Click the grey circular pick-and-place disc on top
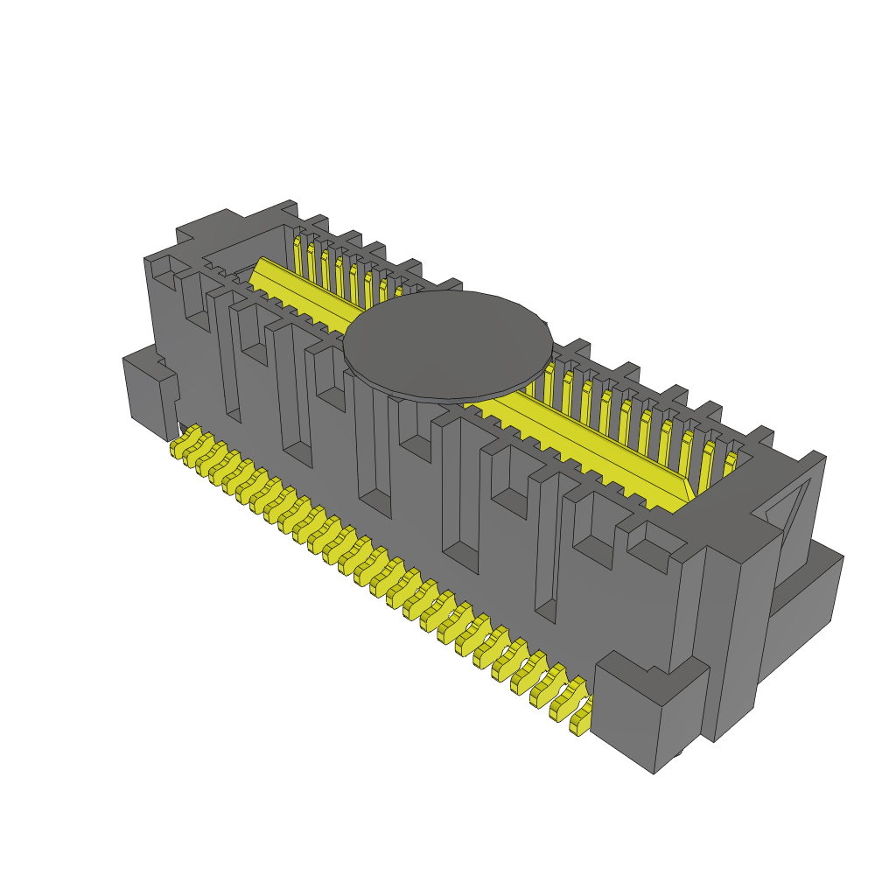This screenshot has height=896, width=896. coord(448,343)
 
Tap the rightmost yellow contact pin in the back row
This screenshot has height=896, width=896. coord(729,465)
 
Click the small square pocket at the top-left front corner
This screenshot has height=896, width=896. coord(163,272)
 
